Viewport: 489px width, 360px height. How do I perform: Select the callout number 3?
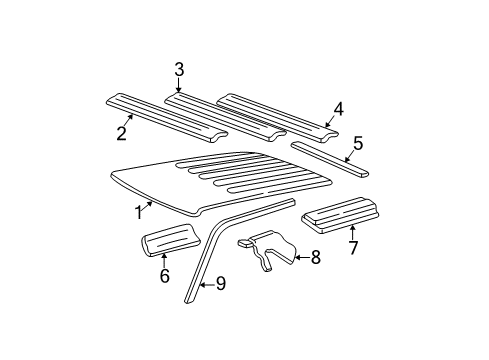[x=179, y=69]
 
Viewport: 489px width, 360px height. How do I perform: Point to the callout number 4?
[x=338, y=108]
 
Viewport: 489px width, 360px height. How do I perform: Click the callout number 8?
[x=315, y=258]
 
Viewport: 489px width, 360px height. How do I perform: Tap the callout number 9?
[x=221, y=284]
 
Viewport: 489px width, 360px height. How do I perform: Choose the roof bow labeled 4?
[x=275, y=113]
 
